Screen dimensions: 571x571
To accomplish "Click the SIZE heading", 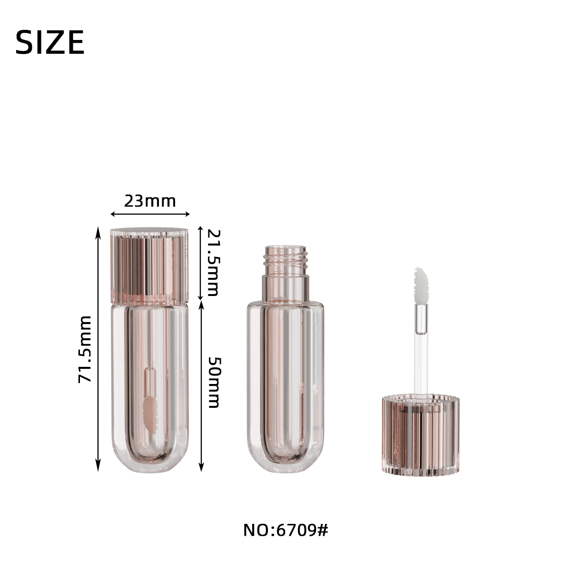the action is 50,42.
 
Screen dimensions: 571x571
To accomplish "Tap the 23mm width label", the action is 150,201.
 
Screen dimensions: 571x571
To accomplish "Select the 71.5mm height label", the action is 85,350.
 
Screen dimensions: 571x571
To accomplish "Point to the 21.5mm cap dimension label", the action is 213,263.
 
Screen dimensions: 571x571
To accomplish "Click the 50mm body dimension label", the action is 214,383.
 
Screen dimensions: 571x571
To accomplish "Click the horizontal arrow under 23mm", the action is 150,214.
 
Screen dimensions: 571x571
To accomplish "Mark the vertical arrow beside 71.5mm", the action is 98,349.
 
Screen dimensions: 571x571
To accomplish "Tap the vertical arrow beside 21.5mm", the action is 200,263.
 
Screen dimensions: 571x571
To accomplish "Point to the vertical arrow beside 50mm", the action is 201,386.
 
